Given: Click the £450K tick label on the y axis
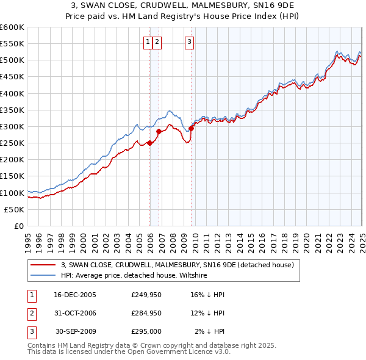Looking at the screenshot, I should tap(12, 76).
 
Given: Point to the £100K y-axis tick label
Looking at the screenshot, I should tap(12, 192).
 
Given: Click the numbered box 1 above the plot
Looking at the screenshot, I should tap(148, 41).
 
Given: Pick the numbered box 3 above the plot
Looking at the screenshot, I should tap(189, 41).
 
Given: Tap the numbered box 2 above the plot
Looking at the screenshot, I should tap(157, 41).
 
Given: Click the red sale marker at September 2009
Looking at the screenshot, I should tap(191, 128).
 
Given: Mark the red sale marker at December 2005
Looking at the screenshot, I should tap(149, 143).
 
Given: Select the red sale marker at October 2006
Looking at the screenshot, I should tap(159, 131).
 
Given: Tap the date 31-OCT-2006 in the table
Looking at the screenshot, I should tap(75, 313).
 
